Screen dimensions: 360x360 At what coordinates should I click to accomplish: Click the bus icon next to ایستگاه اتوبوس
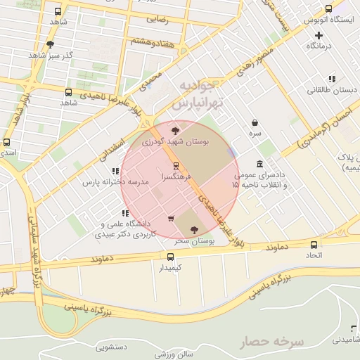[x=328, y=9]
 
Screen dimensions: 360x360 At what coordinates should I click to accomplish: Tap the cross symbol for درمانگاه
[x=319, y=35]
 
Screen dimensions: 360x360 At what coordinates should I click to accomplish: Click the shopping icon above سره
[x=254, y=122]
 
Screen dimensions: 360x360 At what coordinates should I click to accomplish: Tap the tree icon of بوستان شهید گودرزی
[x=175, y=130]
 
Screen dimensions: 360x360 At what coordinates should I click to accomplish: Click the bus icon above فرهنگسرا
[x=176, y=167]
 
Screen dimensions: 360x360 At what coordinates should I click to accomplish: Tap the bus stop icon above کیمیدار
[x=170, y=257]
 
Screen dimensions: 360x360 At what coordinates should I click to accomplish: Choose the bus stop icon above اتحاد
[x=314, y=245]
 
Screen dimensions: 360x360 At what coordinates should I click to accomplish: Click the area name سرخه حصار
[x=272, y=342]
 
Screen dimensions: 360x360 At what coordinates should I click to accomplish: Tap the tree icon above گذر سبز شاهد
[x=50, y=44]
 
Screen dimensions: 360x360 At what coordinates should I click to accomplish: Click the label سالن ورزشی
[x=175, y=354]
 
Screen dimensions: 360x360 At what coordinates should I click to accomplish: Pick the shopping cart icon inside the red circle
[x=171, y=218]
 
